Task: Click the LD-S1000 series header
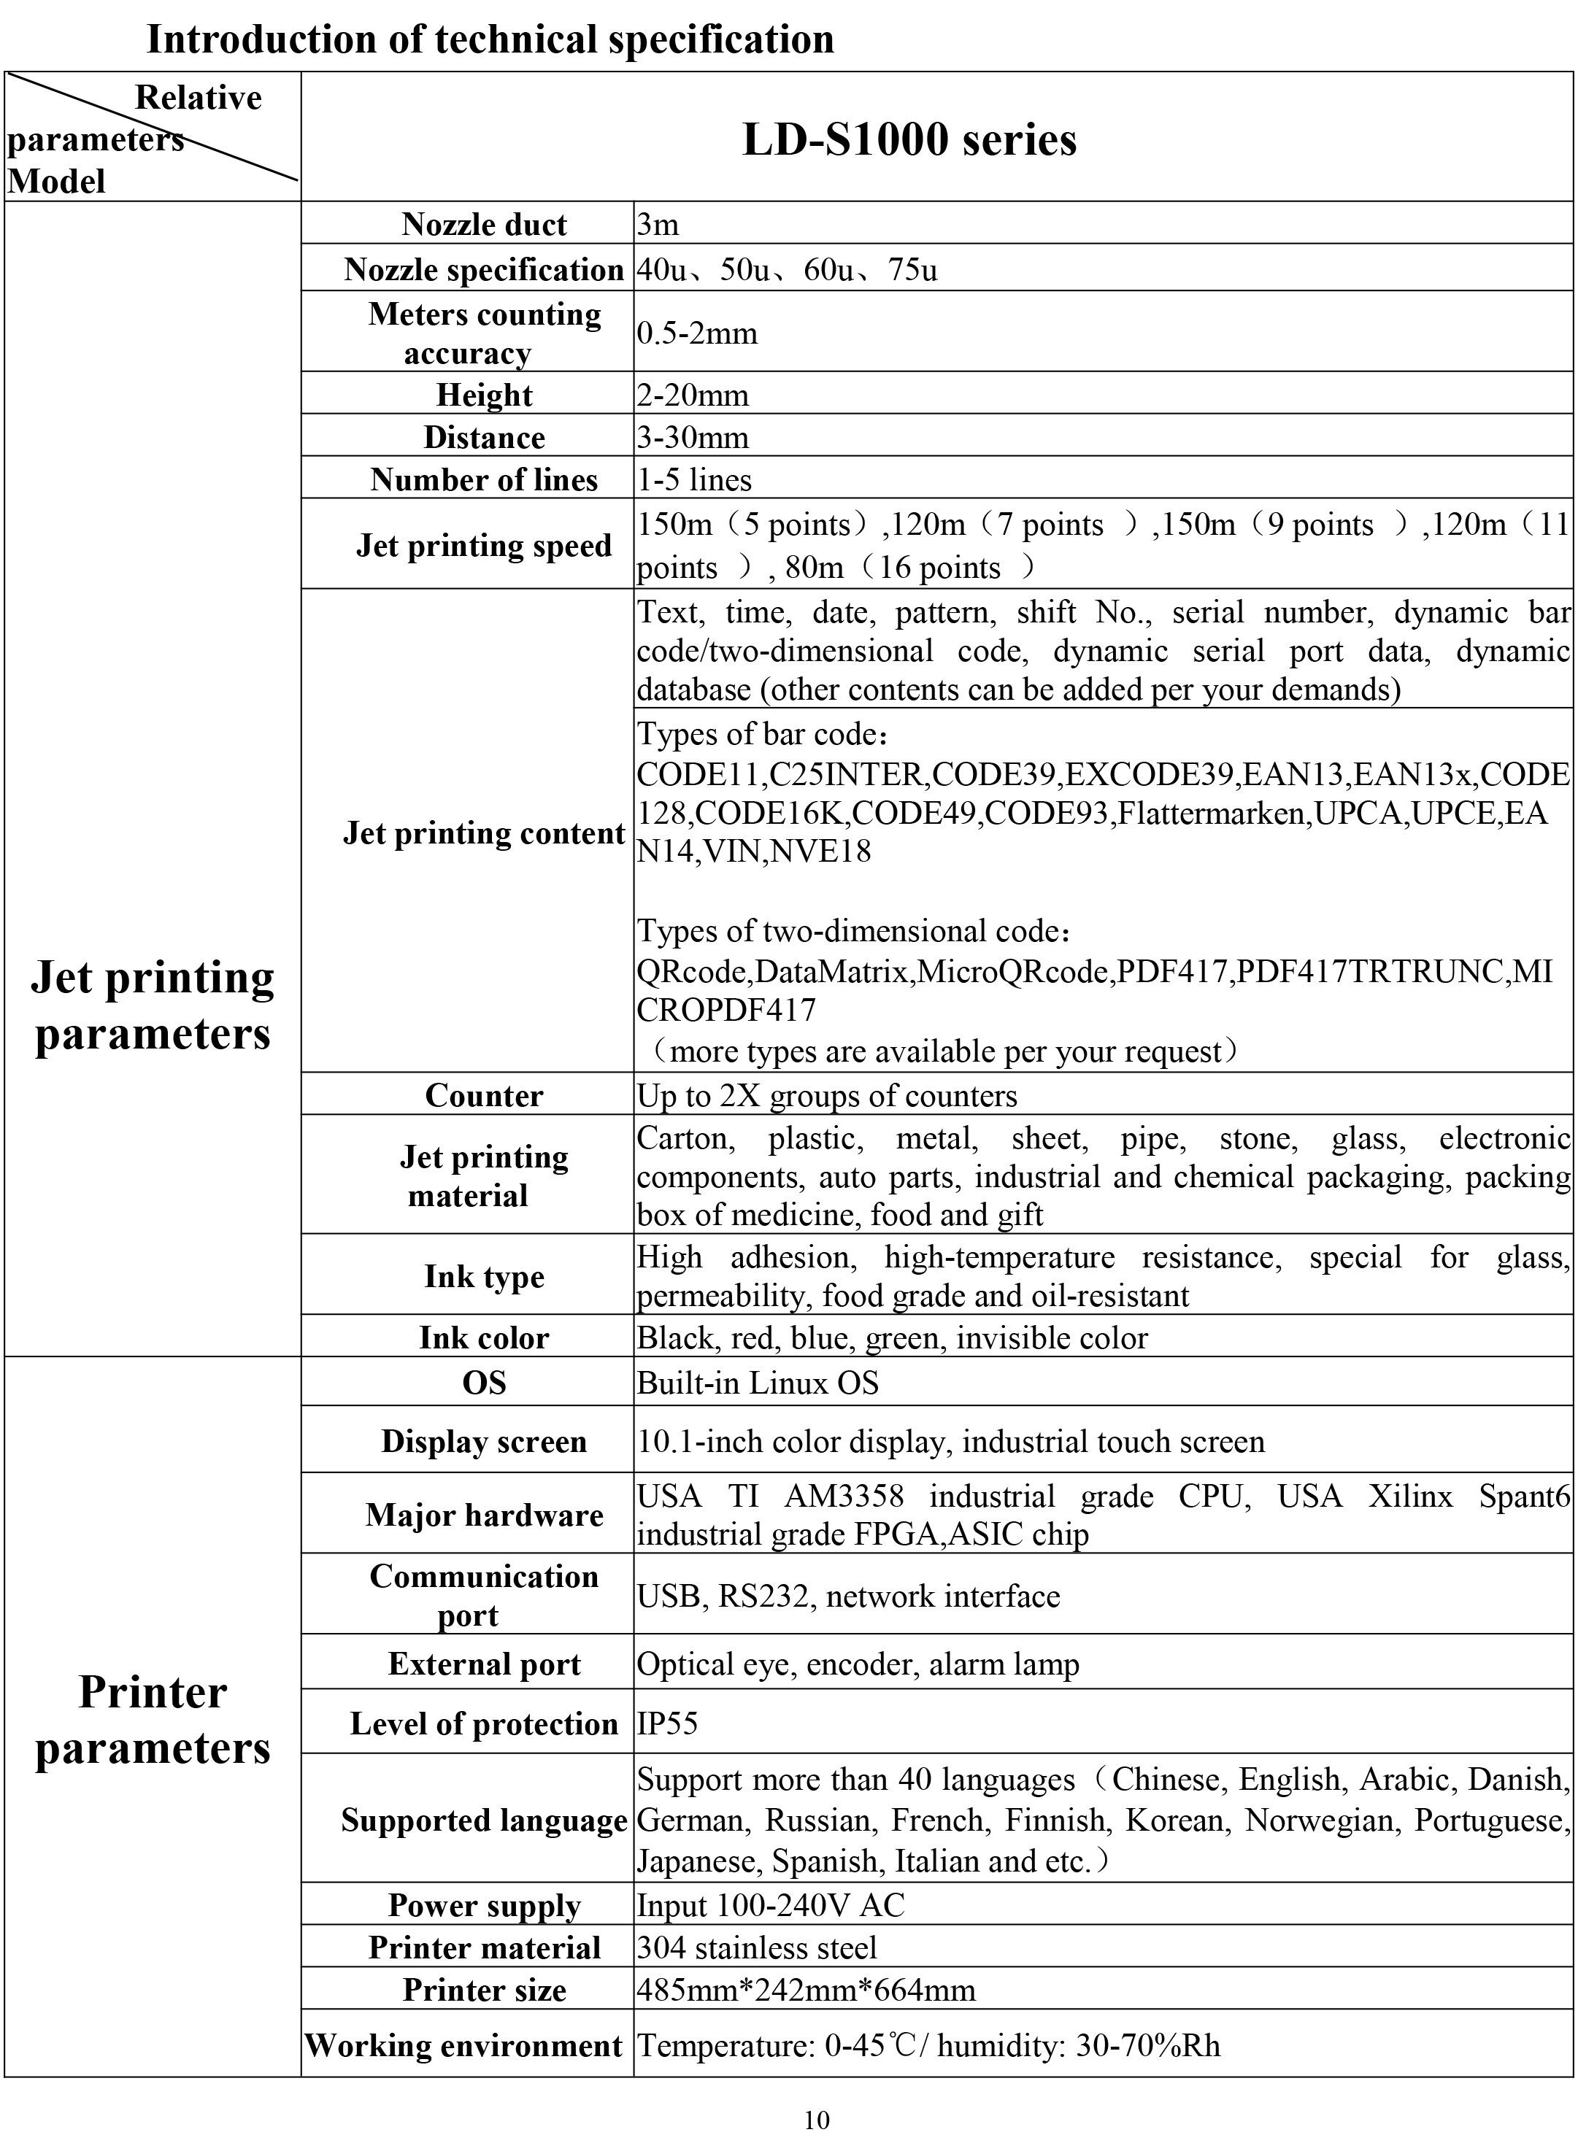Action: tap(909, 139)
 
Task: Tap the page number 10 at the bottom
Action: tap(817, 2121)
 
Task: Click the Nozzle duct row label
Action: tap(485, 225)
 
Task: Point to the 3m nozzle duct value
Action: tap(658, 225)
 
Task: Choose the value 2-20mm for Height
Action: tap(693, 395)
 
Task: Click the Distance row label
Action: tap(485, 437)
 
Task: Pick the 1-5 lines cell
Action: tap(694, 479)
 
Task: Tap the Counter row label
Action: tap(485, 1095)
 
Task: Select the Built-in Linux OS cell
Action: tap(758, 1383)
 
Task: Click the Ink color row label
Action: tap(485, 1338)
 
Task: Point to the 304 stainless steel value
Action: tap(757, 1947)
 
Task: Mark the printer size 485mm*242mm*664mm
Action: tap(807, 1991)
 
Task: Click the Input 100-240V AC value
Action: tap(770, 1905)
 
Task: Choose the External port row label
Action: tap(485, 1664)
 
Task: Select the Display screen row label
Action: tap(485, 1442)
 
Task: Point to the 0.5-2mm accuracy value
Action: tap(697, 333)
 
